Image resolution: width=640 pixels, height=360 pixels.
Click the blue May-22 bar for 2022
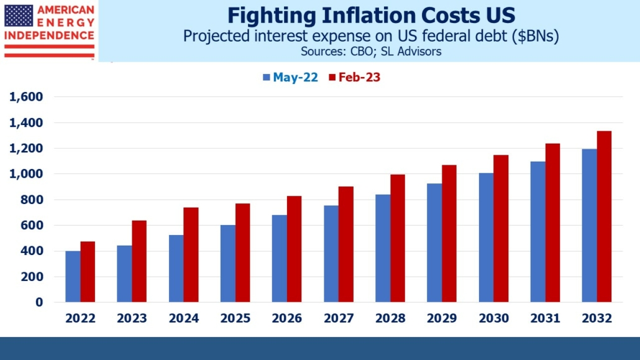(73, 277)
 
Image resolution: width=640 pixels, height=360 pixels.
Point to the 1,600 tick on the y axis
(25, 97)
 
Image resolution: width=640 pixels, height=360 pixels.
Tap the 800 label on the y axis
(31, 200)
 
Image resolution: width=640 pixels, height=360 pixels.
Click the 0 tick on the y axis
(39, 302)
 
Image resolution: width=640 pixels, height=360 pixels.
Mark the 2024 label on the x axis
(183, 318)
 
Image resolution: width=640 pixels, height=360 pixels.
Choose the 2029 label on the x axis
(442, 318)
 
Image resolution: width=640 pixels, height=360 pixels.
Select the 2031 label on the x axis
(545, 318)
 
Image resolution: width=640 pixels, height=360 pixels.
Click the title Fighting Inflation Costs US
(370, 15)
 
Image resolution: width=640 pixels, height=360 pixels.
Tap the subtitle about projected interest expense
(370, 36)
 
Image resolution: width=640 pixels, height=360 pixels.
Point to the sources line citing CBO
(370, 52)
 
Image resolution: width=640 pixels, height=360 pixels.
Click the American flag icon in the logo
(19, 16)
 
